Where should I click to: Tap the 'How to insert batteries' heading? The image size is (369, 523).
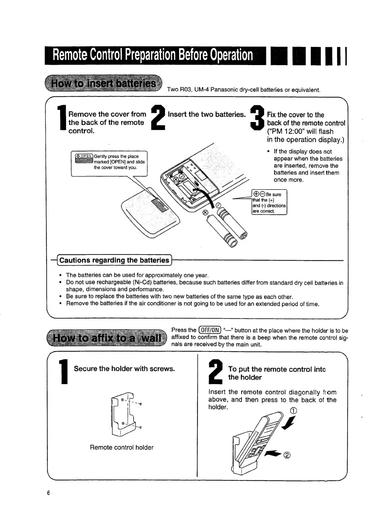(x=104, y=84)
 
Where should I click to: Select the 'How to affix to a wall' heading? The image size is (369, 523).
(x=107, y=338)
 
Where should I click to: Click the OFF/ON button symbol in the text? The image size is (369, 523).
(x=210, y=330)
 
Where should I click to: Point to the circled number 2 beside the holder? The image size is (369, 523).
(x=287, y=455)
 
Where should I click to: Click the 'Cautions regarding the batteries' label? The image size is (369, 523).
(x=114, y=260)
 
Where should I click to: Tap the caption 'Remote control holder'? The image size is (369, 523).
(x=121, y=447)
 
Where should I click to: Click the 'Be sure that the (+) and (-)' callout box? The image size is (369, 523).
(x=269, y=202)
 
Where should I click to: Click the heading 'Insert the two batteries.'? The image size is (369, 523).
(x=207, y=114)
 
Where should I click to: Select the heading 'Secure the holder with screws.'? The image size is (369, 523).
(x=124, y=369)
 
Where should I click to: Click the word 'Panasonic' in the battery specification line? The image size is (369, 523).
(x=224, y=90)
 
